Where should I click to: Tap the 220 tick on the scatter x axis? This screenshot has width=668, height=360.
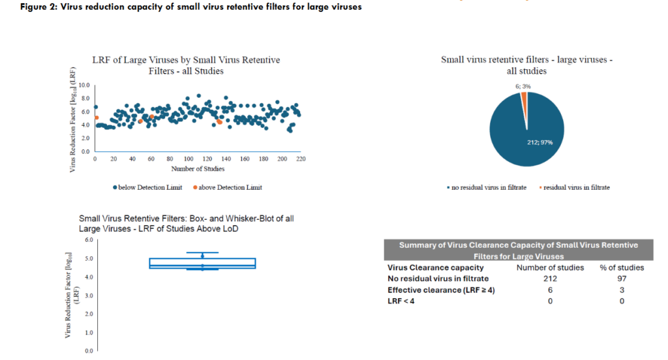point(301,159)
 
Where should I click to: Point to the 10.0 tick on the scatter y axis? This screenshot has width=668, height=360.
point(84,85)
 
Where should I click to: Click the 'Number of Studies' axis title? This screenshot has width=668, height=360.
point(198,169)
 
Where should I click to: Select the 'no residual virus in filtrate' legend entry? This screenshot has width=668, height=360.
point(486,187)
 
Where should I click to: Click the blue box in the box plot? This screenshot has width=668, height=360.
point(202,263)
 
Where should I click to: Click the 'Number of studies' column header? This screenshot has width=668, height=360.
point(546,267)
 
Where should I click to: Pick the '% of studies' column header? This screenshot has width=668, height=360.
point(622,267)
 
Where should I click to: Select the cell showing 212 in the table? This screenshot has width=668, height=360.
point(546,278)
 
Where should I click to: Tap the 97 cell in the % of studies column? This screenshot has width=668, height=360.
point(622,278)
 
